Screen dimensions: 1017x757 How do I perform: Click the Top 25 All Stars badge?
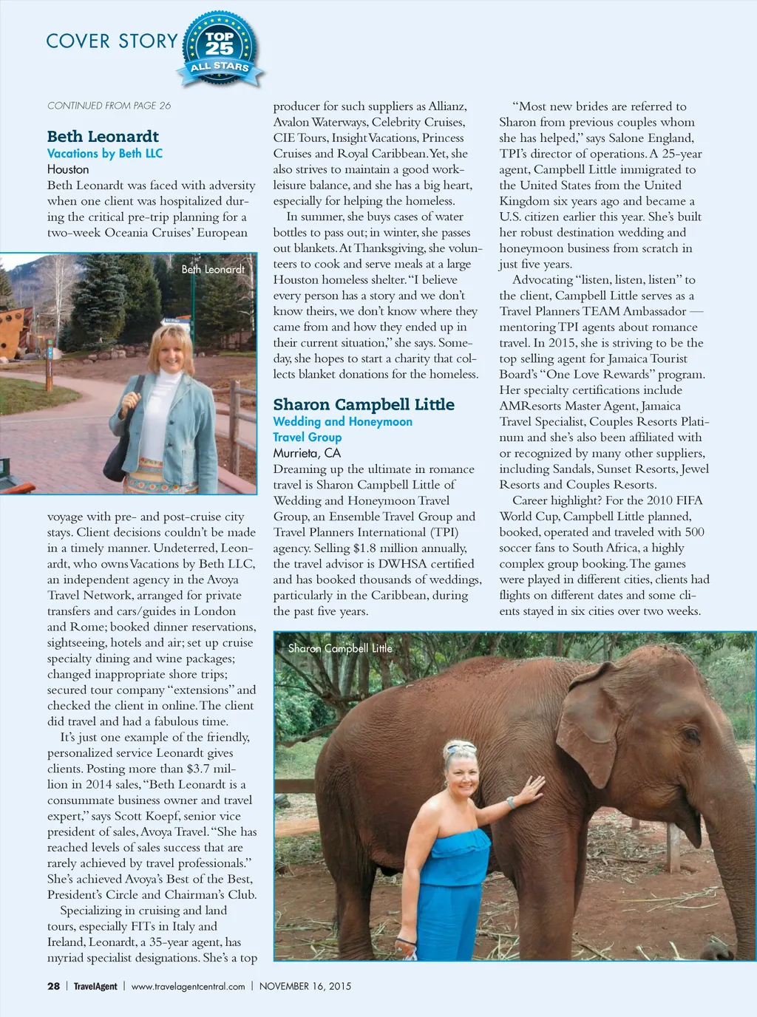point(220,48)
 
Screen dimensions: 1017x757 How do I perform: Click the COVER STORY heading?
point(112,41)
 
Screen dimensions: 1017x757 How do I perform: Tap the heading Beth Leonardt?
point(103,136)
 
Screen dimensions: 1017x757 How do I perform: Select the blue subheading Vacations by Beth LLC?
point(105,153)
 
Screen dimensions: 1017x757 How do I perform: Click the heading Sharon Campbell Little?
point(364,404)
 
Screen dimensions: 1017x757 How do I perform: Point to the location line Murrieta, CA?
point(307,453)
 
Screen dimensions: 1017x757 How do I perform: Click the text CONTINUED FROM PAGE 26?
point(109,106)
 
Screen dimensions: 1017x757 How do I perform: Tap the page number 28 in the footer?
point(53,986)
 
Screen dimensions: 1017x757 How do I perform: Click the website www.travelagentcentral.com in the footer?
point(188,986)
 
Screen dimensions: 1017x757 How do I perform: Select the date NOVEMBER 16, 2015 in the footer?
point(305,986)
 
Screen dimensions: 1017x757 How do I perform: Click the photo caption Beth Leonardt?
point(213,269)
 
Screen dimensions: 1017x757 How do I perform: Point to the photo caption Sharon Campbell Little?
point(340,648)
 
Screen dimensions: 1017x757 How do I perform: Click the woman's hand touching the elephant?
point(531,789)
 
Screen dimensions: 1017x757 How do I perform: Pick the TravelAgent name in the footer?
point(95,986)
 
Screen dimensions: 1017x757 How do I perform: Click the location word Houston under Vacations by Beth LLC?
point(68,169)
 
